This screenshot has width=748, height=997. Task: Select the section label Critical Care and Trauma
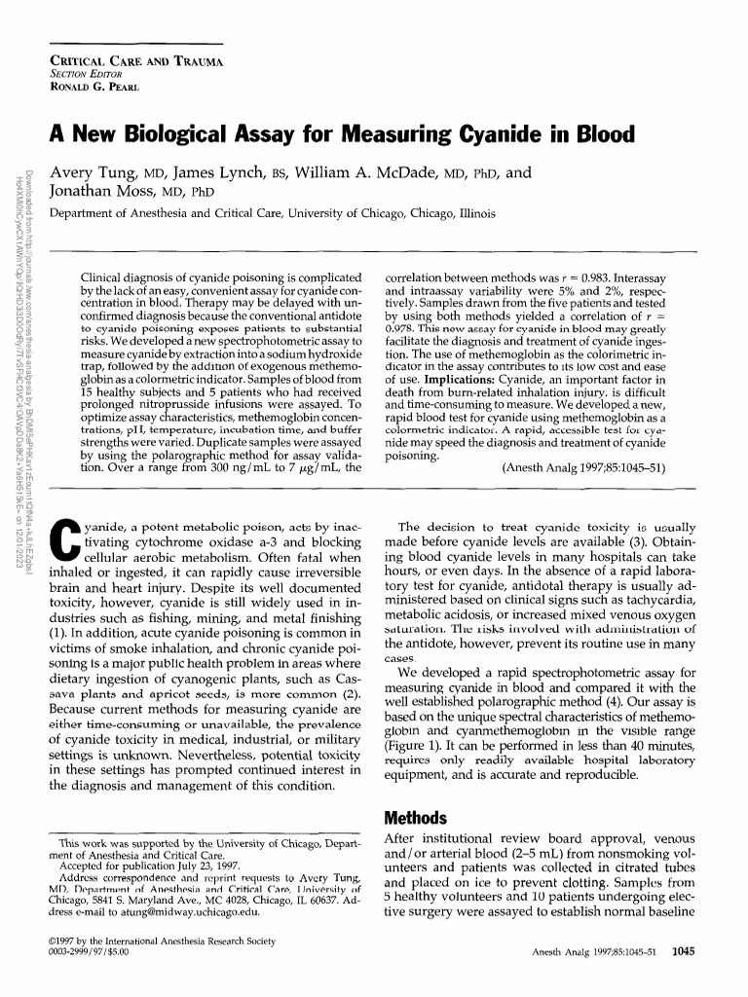tap(136, 61)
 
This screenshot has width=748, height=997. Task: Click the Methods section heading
tap(416, 816)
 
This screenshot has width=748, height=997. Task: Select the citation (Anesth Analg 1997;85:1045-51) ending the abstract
tap(583, 467)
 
